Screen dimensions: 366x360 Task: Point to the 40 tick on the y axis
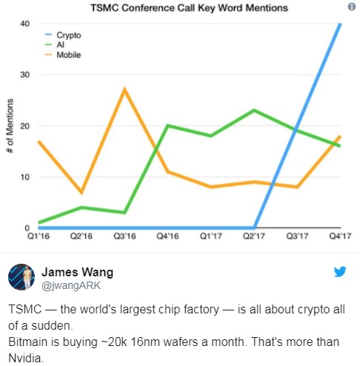tap(25, 24)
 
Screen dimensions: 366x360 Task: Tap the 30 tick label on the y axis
tap(25, 75)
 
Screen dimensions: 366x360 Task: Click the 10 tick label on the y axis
tap(25, 177)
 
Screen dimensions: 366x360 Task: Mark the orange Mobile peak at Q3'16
tap(124, 90)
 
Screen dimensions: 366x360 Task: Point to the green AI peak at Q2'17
tap(254, 110)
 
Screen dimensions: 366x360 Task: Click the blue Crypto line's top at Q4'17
tap(341, 24)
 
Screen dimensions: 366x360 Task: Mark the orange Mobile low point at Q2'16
tap(81, 193)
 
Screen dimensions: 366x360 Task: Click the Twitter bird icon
tap(340, 271)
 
